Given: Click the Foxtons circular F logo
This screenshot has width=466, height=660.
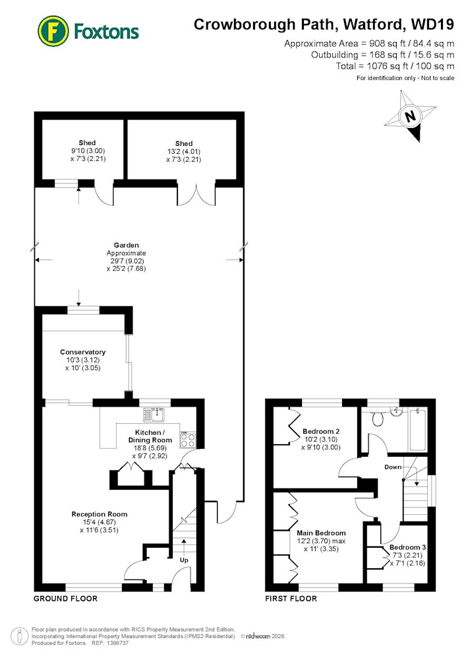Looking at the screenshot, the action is [x=53, y=31].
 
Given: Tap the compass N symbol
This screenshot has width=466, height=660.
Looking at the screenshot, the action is [x=410, y=115].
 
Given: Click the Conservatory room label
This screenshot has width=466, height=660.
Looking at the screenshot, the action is [x=83, y=352].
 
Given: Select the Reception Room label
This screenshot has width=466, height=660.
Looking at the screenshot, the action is [x=99, y=514].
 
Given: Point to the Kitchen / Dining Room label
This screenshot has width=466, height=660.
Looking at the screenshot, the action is [x=150, y=436].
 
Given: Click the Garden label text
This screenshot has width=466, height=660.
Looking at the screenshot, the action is [x=126, y=245].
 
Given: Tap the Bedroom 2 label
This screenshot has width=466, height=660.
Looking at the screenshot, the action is [x=321, y=432].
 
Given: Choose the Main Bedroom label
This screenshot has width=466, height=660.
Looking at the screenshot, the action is [x=321, y=533].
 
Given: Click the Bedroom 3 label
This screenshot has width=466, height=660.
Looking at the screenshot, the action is [x=407, y=547].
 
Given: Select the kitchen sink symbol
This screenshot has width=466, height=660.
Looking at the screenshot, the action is [x=154, y=414].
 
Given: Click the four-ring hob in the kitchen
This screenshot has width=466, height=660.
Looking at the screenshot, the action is [x=187, y=440].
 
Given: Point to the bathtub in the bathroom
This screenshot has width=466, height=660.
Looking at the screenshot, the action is [x=418, y=430].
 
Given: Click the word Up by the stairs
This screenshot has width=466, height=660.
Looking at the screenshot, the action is [x=184, y=560].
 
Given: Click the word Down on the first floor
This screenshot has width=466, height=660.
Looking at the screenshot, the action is [x=393, y=467].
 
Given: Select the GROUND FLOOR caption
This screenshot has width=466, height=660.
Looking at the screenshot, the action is [x=65, y=599].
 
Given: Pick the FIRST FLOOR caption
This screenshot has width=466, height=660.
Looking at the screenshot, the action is [x=291, y=599].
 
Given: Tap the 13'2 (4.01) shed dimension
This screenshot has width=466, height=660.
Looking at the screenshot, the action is [x=184, y=152].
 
